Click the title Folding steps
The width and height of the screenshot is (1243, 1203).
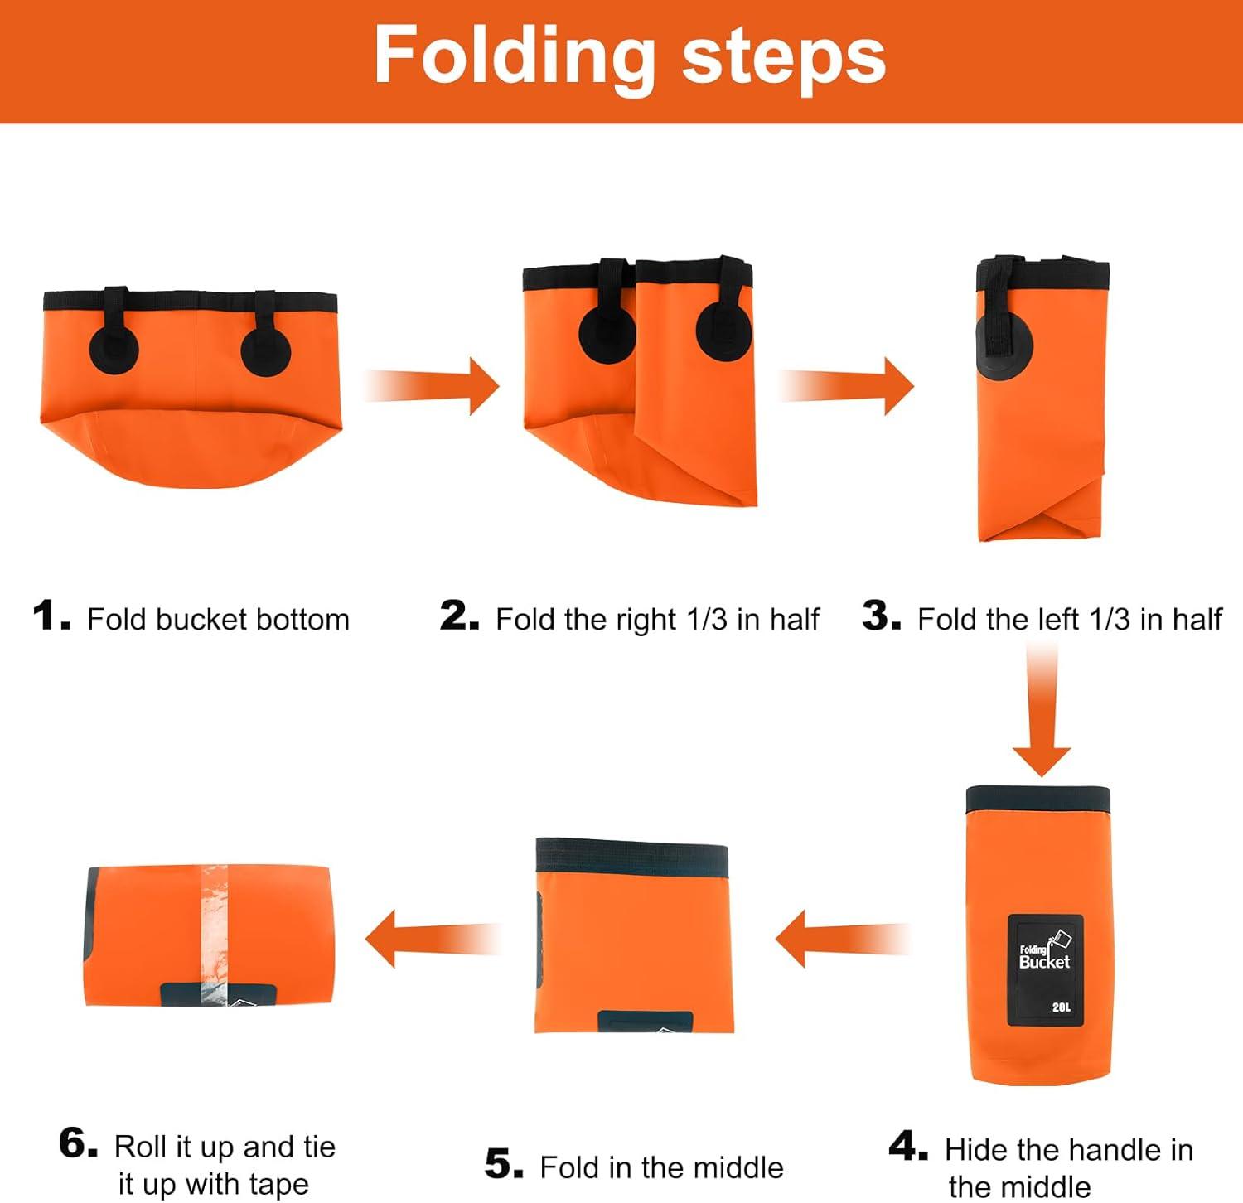tap(630, 56)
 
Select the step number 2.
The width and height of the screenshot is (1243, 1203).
tap(459, 616)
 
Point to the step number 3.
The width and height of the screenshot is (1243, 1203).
tap(881, 616)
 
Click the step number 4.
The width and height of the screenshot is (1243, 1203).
tap(908, 1147)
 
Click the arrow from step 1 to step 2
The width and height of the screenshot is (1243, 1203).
tap(432, 386)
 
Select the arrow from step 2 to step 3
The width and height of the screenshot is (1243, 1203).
tap(845, 386)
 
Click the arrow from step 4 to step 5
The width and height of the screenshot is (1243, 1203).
tap(842, 939)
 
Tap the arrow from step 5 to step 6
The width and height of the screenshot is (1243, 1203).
tap(433, 939)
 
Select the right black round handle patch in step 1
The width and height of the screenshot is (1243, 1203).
tap(266, 350)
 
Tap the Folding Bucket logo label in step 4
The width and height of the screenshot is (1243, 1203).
tap(1045, 969)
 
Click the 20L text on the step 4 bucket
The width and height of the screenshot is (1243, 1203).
tap(1062, 1007)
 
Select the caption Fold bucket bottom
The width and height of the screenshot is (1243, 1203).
tap(218, 619)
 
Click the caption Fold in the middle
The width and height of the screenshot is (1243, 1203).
tap(661, 1167)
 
